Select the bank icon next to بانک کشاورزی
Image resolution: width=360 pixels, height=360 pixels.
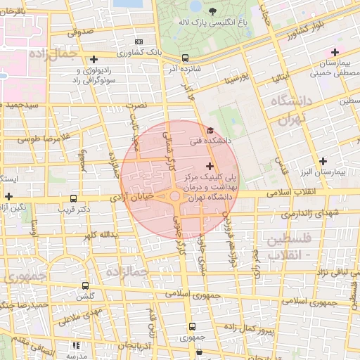coord(138,42)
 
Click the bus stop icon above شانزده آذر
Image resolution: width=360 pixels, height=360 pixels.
coord(185,58)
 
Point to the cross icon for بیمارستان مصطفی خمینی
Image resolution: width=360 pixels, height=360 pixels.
coord(335,52)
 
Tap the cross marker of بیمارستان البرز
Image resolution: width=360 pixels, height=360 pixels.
coord(323,161)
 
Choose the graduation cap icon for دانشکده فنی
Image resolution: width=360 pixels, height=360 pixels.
coord(210,130)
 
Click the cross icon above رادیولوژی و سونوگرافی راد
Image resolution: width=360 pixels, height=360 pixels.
coord(94,59)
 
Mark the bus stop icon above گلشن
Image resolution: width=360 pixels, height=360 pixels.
coord(86,286)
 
